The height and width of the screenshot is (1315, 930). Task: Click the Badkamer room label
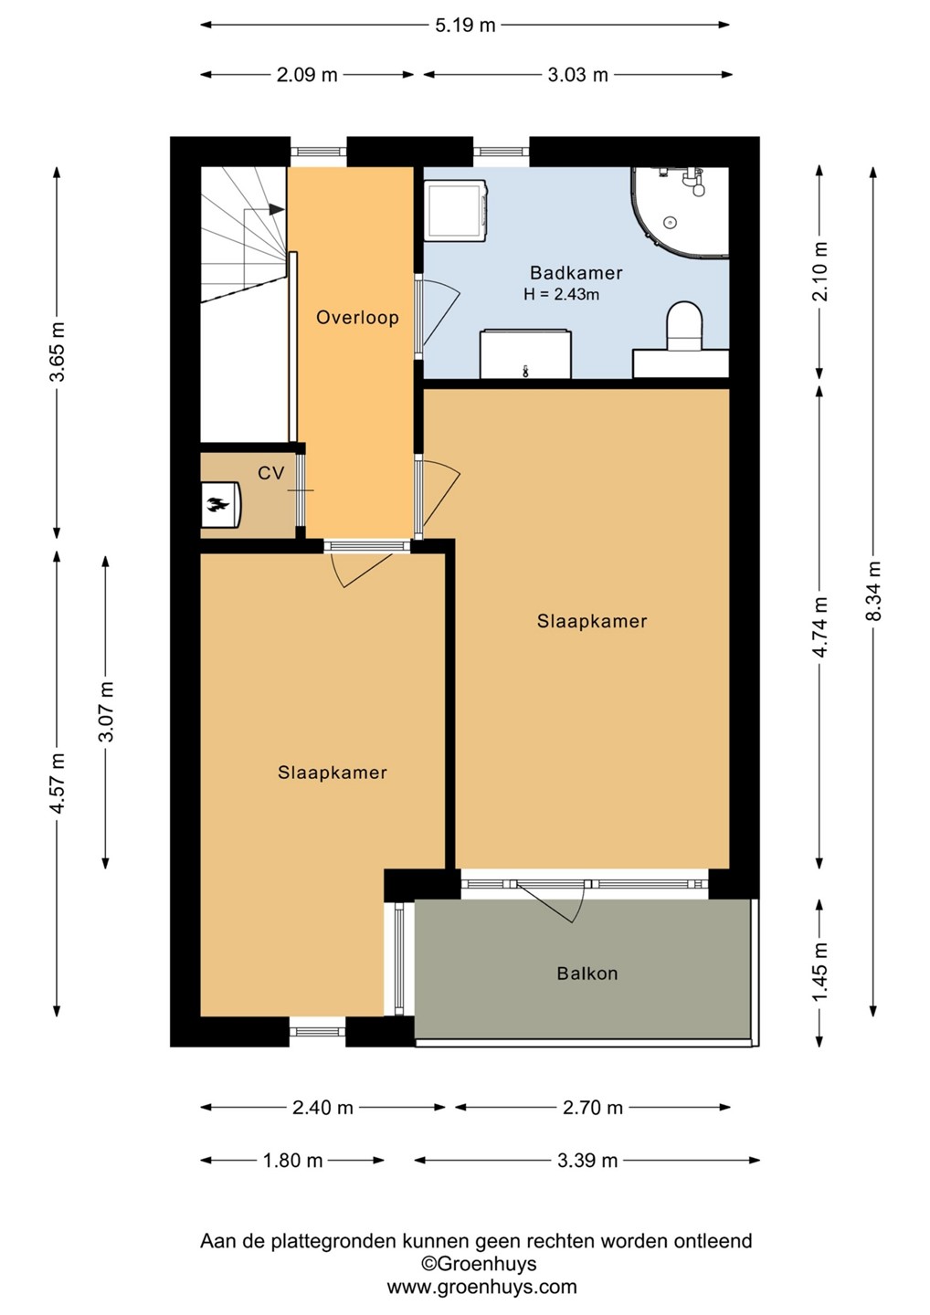coord(576,272)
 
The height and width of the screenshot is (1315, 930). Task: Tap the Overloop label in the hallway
coord(357,318)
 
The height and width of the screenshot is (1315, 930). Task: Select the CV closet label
coord(270,473)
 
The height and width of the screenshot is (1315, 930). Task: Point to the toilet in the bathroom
coord(684,326)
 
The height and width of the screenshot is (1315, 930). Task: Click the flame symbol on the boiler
coord(217,504)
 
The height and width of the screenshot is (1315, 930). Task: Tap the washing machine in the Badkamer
coord(456,210)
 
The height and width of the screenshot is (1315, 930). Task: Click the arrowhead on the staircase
coord(277,208)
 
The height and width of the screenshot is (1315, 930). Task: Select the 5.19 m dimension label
coord(465,26)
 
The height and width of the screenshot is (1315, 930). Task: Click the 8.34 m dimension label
coord(873,591)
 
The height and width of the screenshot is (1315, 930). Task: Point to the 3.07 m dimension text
coord(106,711)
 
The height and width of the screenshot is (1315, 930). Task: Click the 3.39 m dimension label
coord(587,1160)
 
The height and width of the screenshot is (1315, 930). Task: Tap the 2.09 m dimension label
coord(307,75)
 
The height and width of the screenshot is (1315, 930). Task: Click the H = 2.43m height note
coord(561,295)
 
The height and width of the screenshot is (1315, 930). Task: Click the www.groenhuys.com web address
coord(482,1287)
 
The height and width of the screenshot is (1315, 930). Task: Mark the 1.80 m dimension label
coord(293,1160)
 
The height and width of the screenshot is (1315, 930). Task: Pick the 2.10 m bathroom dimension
coord(820,271)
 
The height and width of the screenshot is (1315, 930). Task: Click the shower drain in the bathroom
coord(670,223)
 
